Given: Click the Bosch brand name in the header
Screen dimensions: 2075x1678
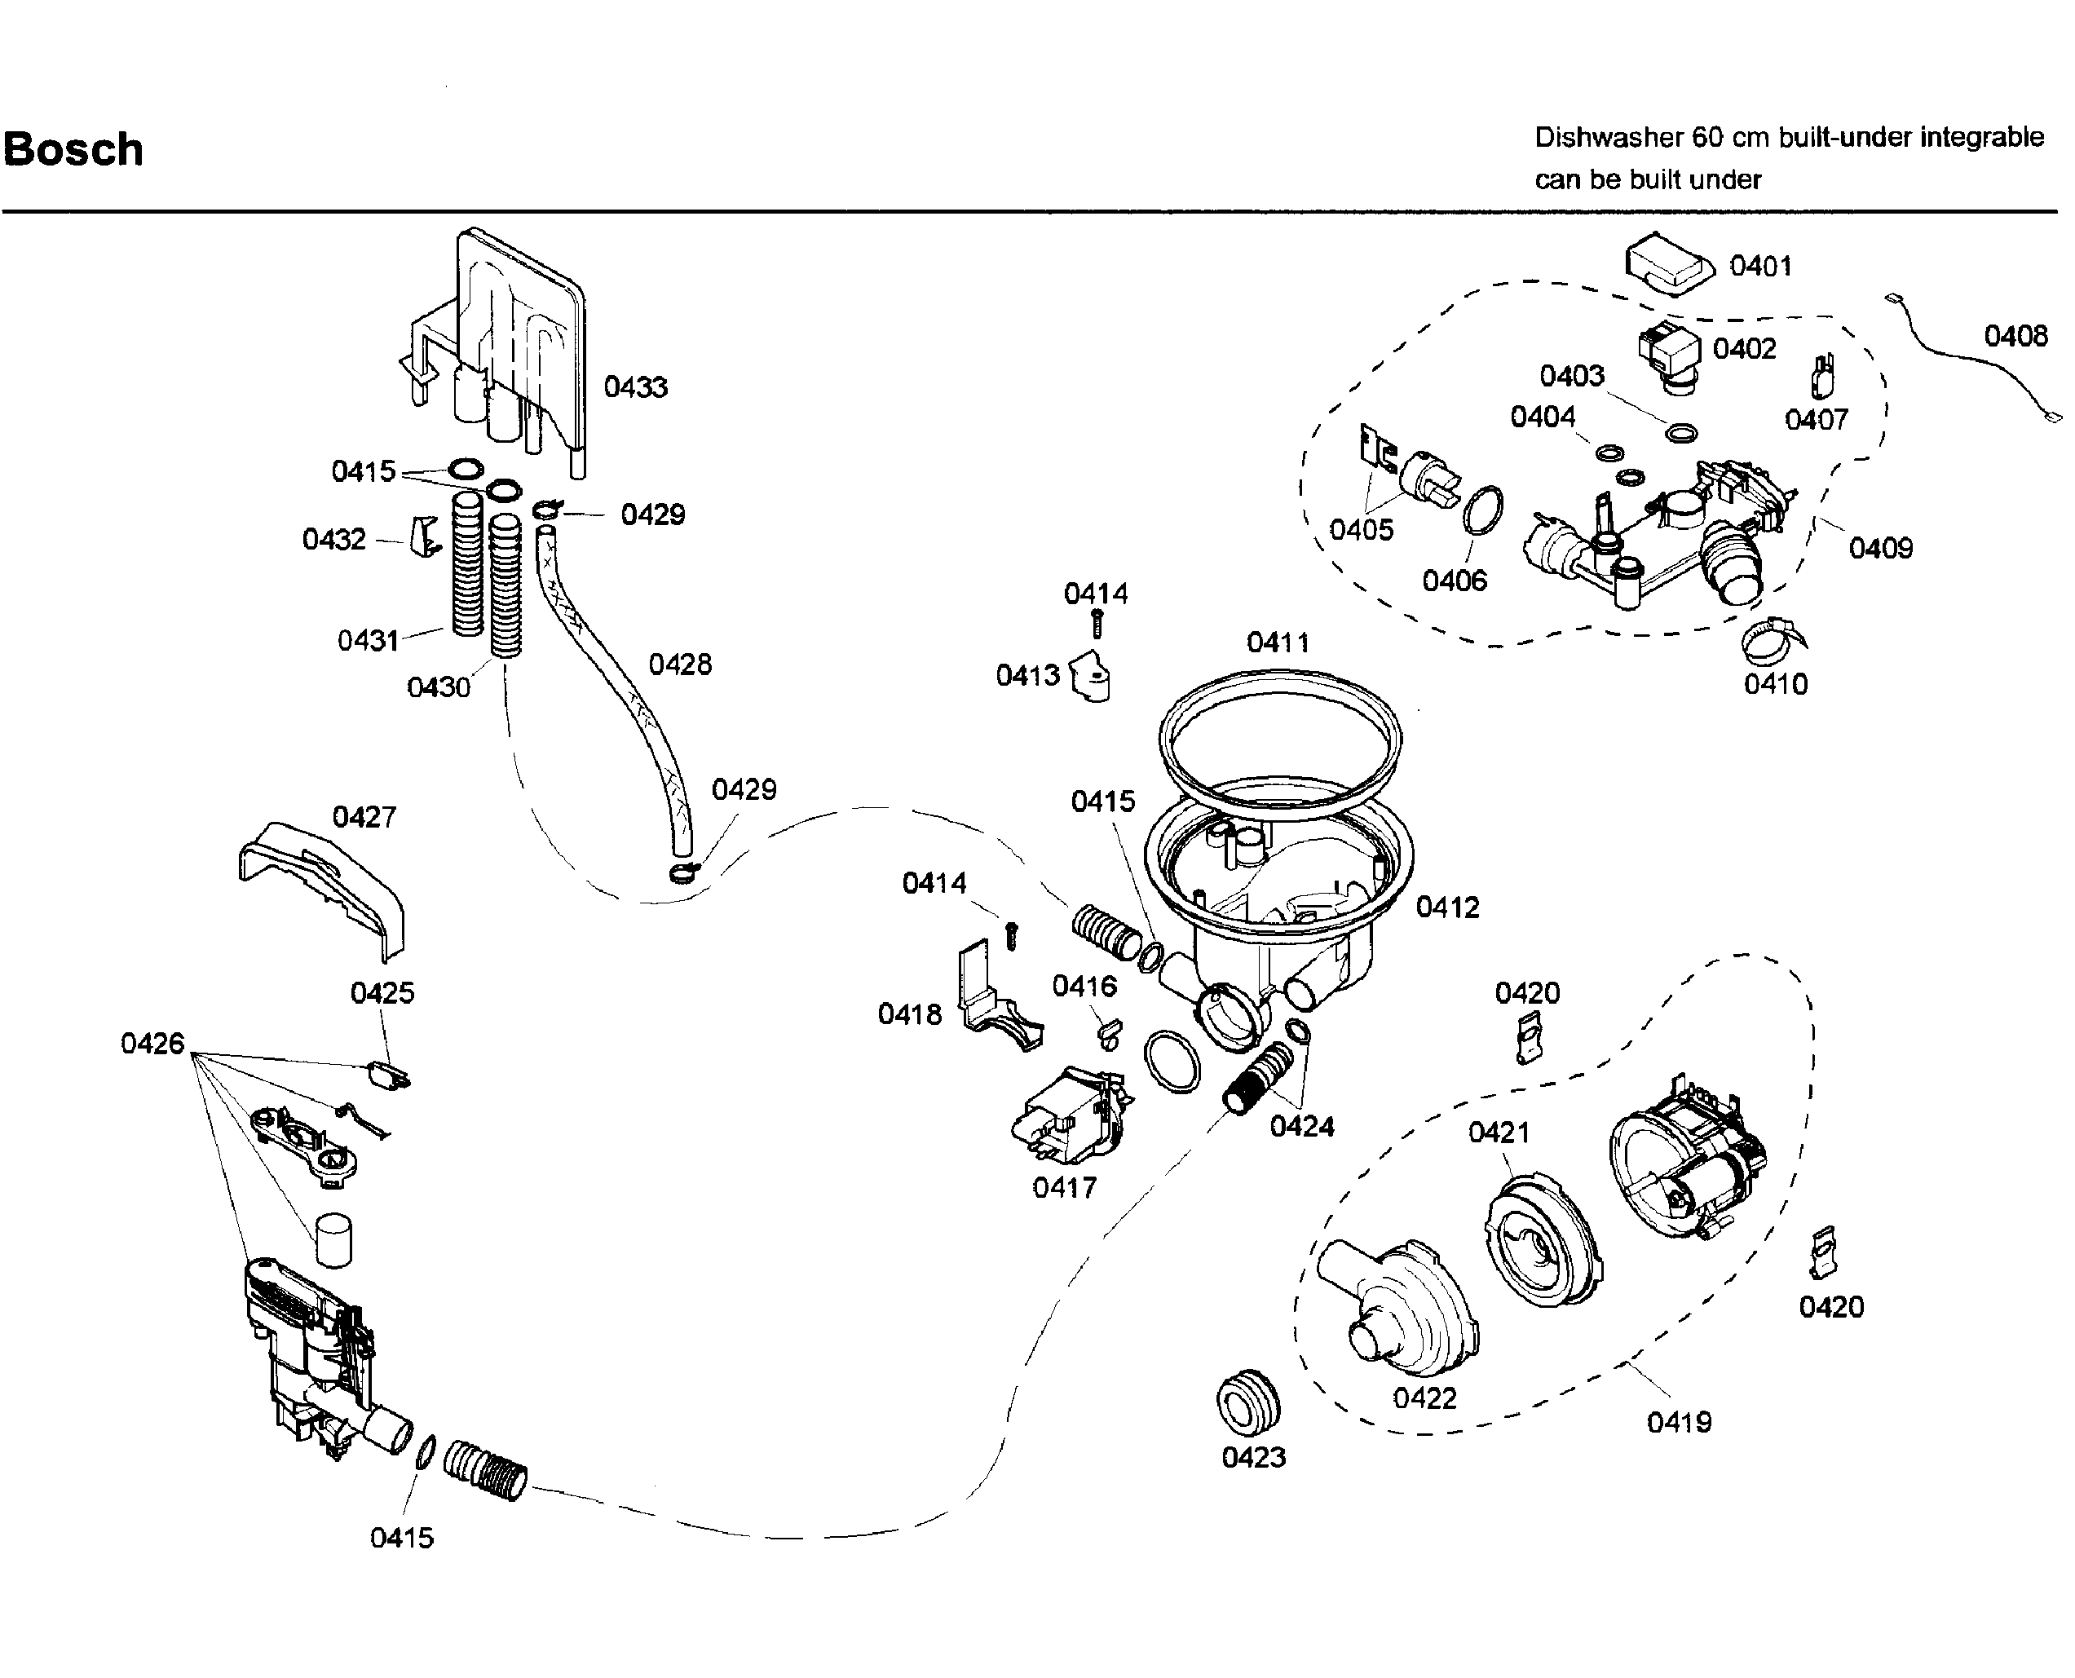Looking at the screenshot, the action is (x=73, y=150).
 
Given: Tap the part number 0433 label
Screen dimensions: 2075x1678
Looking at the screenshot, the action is (x=636, y=386).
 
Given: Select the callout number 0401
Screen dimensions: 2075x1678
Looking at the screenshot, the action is (x=1761, y=266).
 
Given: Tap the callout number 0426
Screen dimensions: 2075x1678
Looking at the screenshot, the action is (x=152, y=1044).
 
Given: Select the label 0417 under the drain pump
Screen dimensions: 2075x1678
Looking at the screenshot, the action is (x=1065, y=1187).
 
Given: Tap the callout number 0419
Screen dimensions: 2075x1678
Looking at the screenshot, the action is (x=1680, y=1422).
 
